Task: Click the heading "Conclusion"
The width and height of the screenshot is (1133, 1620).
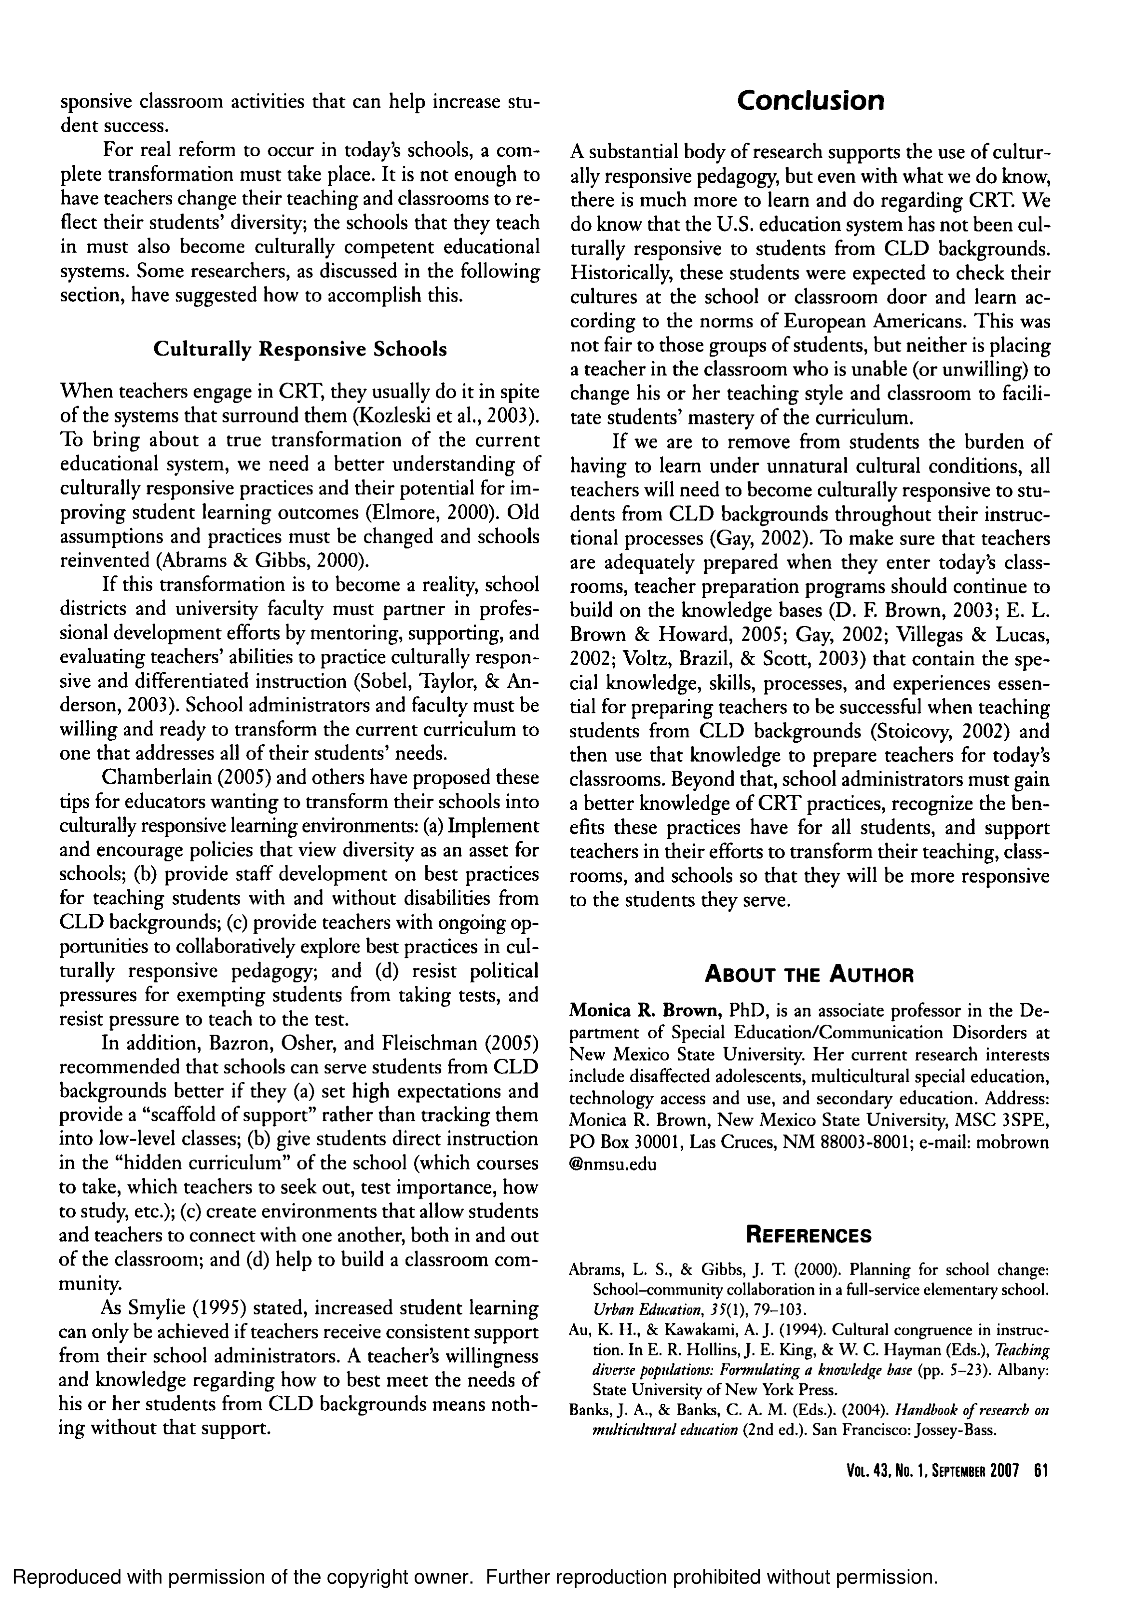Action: pyautogui.click(x=810, y=101)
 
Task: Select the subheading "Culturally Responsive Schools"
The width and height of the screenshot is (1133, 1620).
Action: pyautogui.click(x=300, y=349)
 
